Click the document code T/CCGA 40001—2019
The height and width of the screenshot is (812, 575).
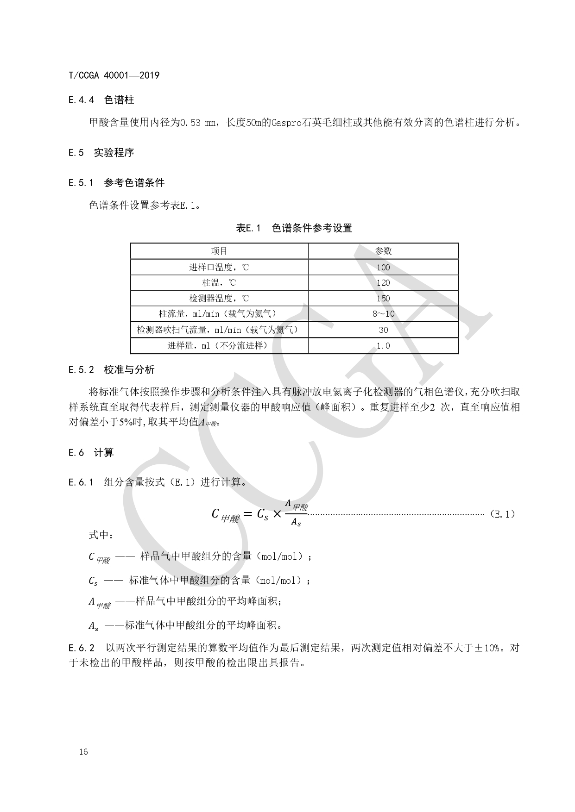coord(114,75)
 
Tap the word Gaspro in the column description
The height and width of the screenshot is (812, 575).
coord(286,123)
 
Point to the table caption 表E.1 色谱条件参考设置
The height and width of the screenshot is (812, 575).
coord(294,228)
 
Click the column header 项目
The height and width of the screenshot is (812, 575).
coord(219,251)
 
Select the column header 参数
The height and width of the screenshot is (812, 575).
coord(383,251)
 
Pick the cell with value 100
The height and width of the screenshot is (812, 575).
coord(383,267)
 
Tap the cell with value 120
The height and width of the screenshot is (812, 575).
coord(383,283)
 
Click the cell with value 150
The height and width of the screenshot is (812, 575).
coord(383,299)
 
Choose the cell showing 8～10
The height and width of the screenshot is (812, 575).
coord(383,314)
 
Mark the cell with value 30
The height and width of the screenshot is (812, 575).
coord(383,330)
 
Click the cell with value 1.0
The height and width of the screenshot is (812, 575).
coord(383,346)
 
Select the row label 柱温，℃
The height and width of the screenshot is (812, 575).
coord(219,283)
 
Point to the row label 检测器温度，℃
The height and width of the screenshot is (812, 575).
coord(219,299)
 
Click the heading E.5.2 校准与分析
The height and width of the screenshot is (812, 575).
coord(111,370)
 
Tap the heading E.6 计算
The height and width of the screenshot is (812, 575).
coord(91,453)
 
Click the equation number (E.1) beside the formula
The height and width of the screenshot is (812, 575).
coord(502,514)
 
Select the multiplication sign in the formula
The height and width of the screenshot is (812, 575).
coord(277,514)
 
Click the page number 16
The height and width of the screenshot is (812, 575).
coord(83,752)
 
